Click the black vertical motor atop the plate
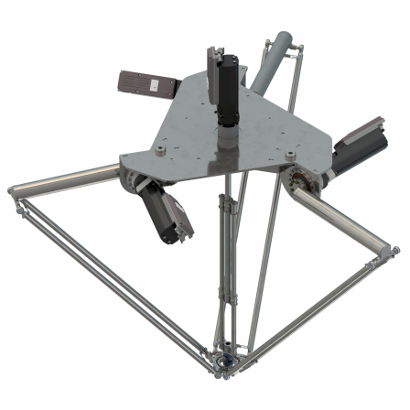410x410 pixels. [227, 92]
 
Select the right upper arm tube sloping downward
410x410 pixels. [348, 220]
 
